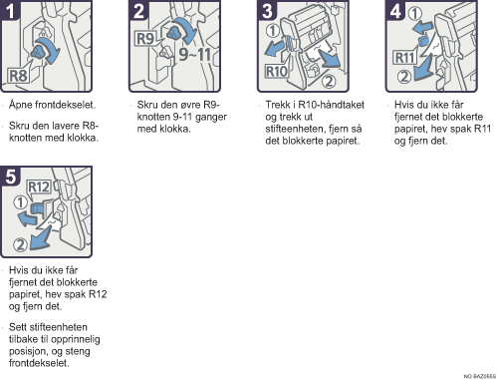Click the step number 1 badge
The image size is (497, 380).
10,10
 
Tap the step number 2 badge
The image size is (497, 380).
138,10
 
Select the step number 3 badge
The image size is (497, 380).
267,10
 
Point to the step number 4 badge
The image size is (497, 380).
395,10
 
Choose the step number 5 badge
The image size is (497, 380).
10,176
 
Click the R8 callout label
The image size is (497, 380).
19,76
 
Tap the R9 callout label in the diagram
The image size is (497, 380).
145,39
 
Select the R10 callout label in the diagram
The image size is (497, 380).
276,71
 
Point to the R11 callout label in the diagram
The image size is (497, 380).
404,58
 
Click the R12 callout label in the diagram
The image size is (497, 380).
39,187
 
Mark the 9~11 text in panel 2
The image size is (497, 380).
195,54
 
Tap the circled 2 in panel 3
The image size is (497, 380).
329,81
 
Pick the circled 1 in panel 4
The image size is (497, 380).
415,14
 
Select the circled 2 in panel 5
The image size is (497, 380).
20,245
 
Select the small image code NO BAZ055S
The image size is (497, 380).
479,376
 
